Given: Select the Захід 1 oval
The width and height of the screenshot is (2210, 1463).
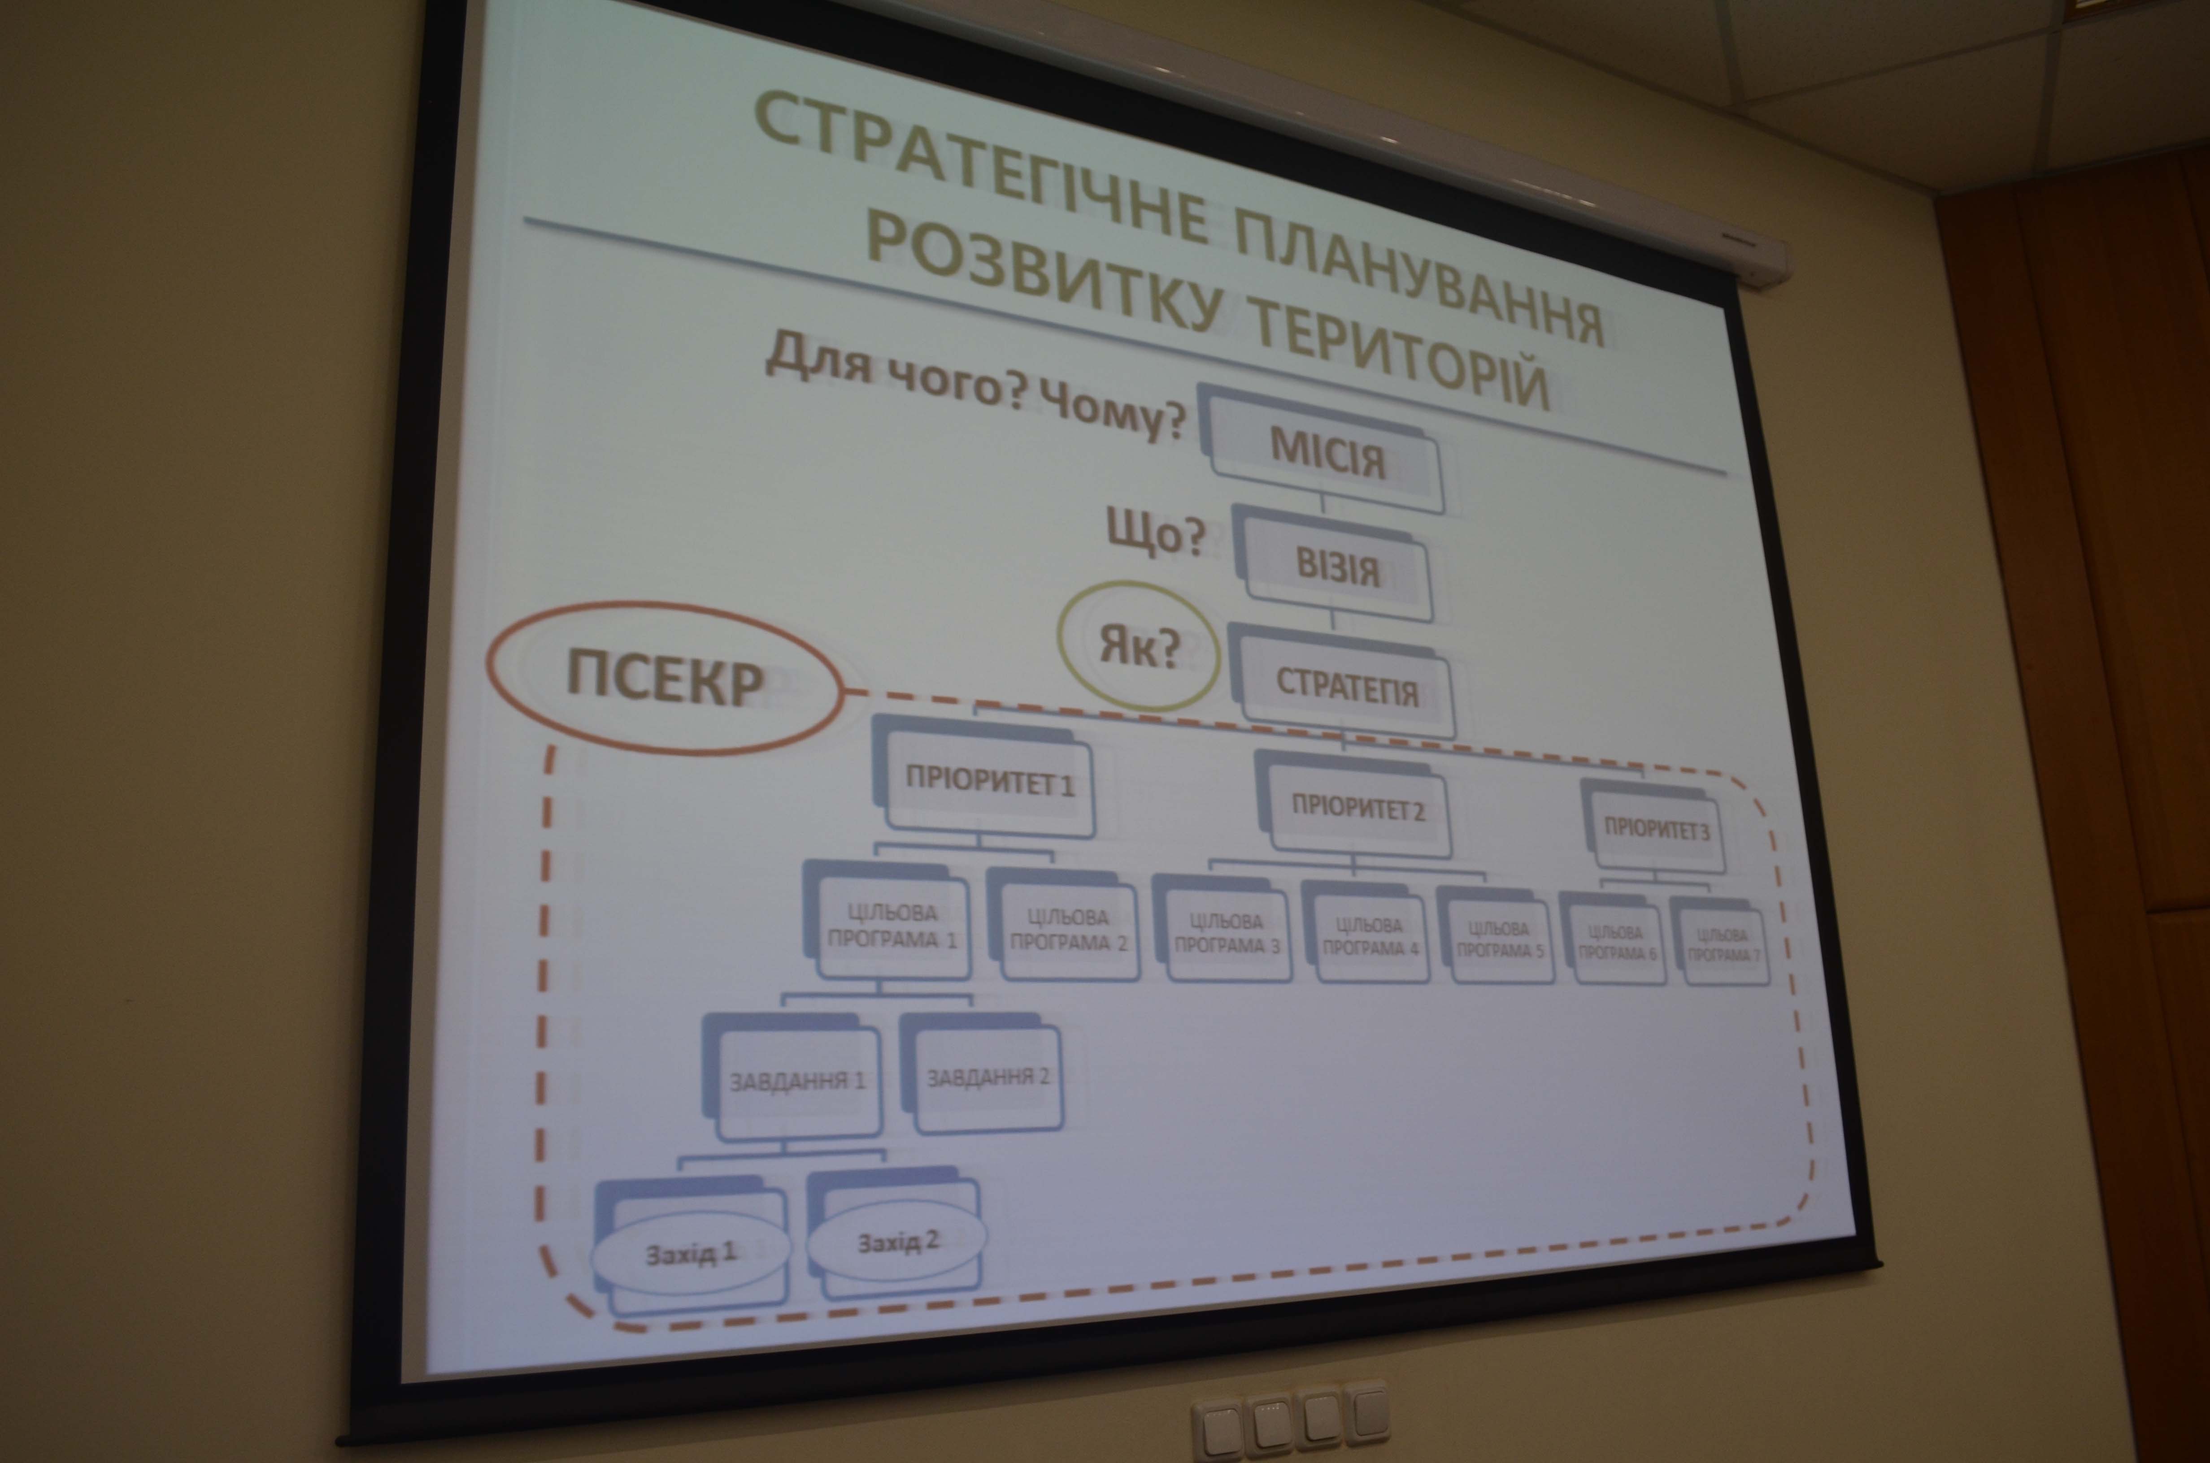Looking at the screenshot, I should [x=691, y=1253].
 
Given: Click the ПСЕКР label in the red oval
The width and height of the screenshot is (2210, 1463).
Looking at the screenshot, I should [x=665, y=681].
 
